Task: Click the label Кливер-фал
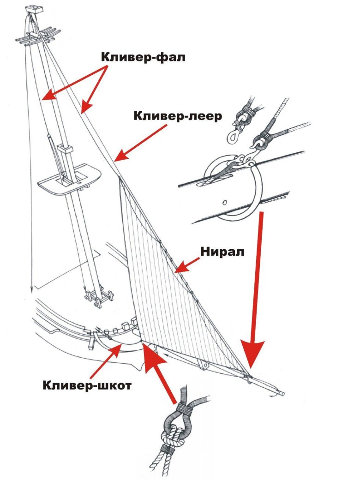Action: point(143,57)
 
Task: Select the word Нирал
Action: point(222,252)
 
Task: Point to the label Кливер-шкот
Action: point(87,385)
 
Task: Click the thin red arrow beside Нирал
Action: point(187,265)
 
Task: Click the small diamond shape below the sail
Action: point(204,365)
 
